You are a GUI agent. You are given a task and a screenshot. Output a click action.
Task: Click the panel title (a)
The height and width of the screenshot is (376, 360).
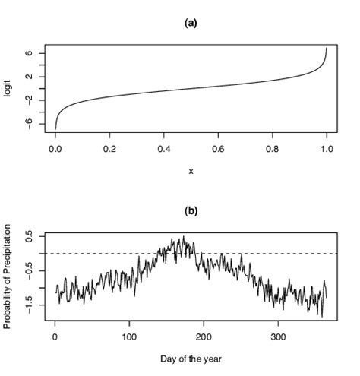pos(191,24)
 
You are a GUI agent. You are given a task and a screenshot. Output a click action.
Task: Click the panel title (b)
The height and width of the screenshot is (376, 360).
pos(191,211)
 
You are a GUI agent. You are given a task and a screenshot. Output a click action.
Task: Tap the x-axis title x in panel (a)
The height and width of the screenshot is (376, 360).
pos(191,171)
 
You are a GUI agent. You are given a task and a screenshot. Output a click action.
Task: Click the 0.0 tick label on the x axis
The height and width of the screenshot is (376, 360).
pos(55,150)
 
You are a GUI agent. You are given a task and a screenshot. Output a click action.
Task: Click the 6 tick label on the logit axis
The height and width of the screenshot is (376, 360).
pos(28,53)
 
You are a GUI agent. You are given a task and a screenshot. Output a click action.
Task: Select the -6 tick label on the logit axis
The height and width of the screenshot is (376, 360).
pos(27,123)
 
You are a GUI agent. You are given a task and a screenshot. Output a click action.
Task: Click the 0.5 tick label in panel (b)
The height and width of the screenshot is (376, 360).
pos(28,238)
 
